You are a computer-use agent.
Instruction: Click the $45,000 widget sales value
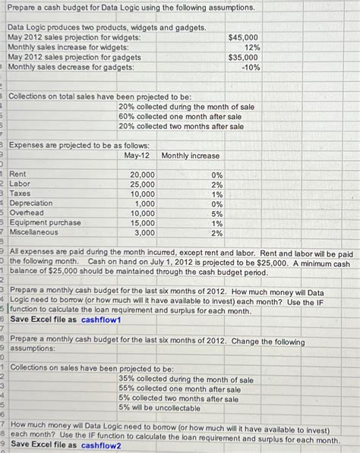point(243,37)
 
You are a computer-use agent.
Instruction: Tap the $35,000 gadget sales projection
point(243,57)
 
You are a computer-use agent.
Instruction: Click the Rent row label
point(17,175)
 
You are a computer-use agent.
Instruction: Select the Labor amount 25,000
point(142,184)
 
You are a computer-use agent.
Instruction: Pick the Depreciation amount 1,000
point(144,203)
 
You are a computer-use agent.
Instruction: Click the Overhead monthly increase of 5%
point(216,213)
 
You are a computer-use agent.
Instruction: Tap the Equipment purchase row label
point(45,223)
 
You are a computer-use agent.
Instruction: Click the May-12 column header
point(139,156)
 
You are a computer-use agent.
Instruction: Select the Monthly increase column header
point(190,156)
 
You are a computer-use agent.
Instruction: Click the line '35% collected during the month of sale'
point(186,379)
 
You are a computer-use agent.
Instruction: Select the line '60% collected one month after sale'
point(180,117)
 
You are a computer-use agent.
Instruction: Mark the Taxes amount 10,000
point(142,194)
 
